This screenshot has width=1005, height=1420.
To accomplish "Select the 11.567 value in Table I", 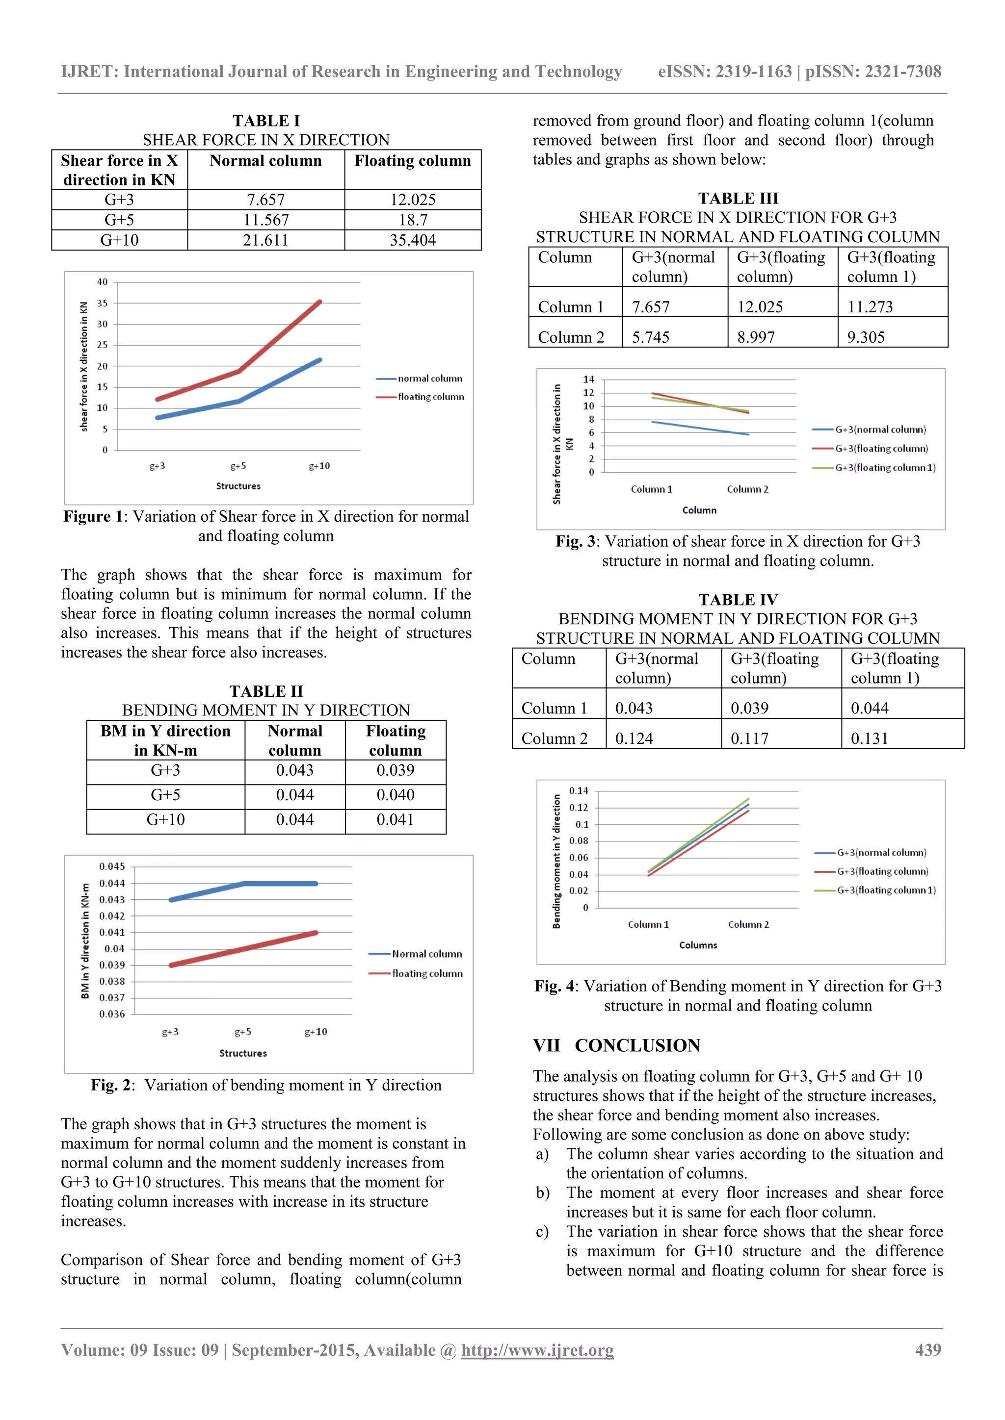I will coord(265,220).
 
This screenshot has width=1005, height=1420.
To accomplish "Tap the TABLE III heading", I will coord(738,199).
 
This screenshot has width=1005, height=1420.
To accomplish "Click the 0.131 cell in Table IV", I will coord(869,738).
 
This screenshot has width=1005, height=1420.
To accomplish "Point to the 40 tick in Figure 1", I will coord(102,282).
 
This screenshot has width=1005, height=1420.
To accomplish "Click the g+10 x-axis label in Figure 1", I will coord(319,466).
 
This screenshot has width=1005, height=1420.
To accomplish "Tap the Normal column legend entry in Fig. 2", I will coord(426,954).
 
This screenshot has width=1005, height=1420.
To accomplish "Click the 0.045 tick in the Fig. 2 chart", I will coord(112,866).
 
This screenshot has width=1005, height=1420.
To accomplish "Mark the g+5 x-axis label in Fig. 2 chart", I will coord(242,1032).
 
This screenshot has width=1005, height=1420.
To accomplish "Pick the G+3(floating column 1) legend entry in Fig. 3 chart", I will coord(884,468).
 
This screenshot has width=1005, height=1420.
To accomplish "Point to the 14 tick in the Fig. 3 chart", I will coord(588,379).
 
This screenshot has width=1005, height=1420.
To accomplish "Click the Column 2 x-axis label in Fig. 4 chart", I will coord(748,925).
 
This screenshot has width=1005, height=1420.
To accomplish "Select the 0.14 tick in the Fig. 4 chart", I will coord(579,791).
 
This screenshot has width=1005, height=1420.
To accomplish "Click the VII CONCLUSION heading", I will coord(616,1046).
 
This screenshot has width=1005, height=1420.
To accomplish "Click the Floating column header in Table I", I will coord(412,161).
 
